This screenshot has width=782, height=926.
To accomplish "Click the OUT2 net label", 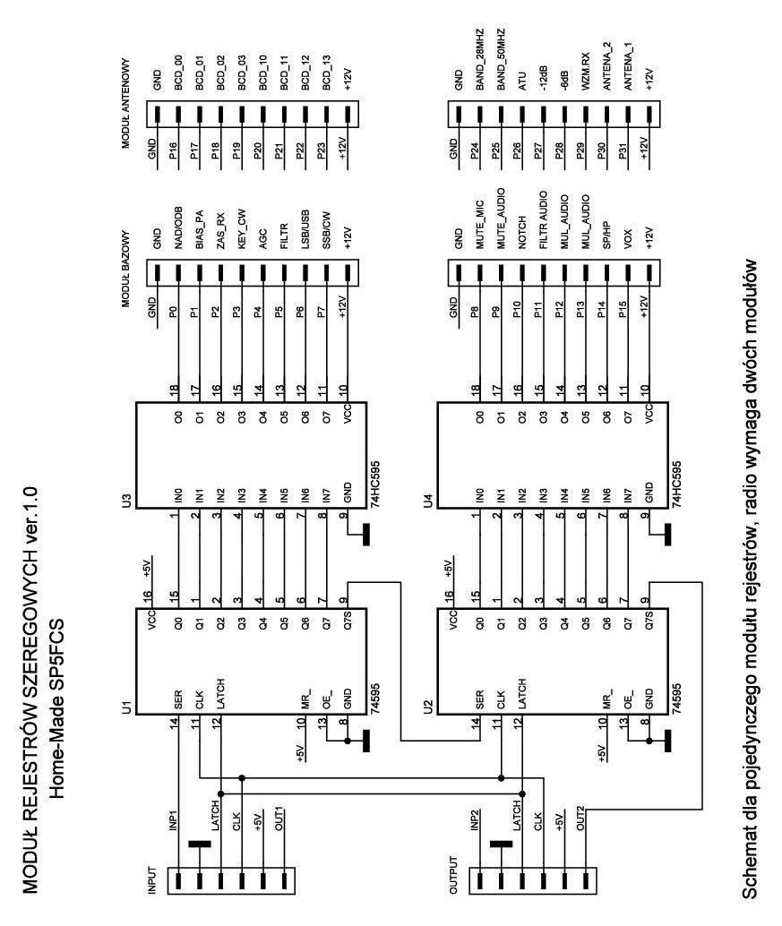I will pos(582,819).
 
